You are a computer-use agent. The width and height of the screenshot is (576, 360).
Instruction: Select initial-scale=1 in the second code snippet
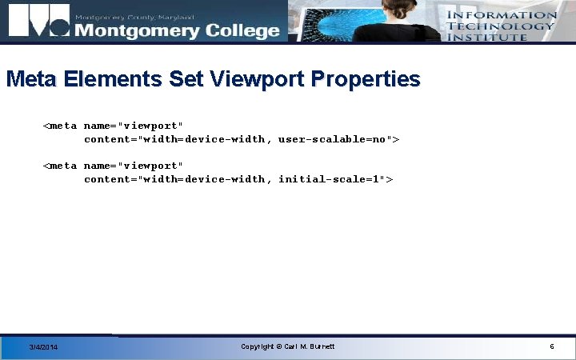tap(331, 179)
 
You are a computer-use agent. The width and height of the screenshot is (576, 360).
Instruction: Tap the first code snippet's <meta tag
tap(61, 126)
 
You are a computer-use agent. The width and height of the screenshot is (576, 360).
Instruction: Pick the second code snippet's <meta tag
tap(61, 166)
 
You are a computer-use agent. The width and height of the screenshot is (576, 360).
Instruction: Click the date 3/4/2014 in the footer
tap(43, 347)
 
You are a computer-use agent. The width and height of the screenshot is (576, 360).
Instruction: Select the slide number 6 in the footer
tap(552, 346)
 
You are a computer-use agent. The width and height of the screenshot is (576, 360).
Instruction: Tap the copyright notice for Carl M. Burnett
tap(288, 346)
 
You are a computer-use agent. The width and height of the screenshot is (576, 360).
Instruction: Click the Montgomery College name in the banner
tap(177, 30)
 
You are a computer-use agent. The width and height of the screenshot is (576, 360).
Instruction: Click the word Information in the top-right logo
tap(502, 14)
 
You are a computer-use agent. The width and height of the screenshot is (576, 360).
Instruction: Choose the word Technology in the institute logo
tap(501, 26)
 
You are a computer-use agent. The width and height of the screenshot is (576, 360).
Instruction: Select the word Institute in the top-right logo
tap(487, 37)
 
